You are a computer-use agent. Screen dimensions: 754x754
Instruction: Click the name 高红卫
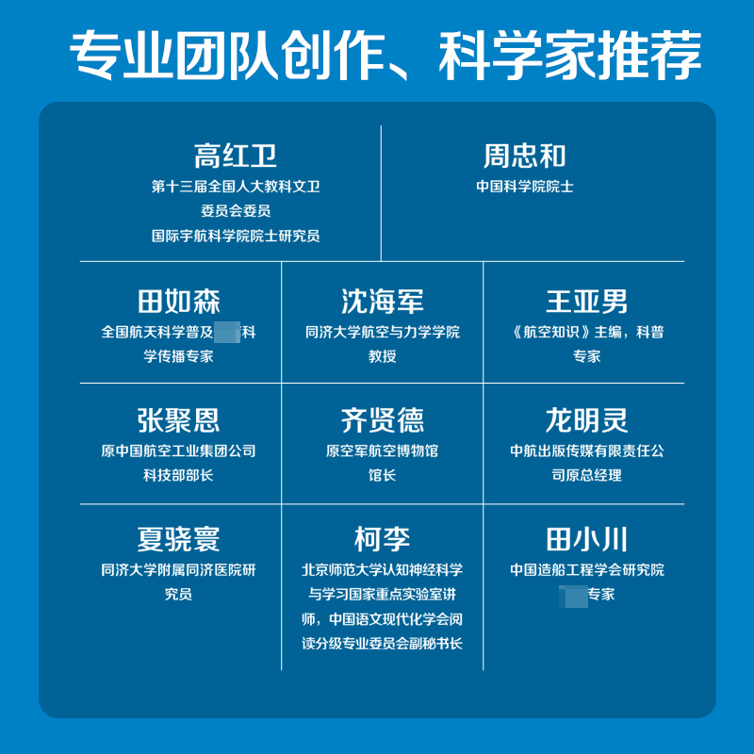click(x=236, y=155)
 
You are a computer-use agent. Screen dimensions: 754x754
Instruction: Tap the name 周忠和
click(x=525, y=155)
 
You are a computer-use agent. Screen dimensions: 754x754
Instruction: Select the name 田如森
click(x=179, y=302)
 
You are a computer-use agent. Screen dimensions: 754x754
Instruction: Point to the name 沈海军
click(x=383, y=302)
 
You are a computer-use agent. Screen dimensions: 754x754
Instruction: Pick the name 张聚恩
click(x=179, y=420)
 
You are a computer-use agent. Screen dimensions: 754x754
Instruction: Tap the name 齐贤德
click(x=383, y=420)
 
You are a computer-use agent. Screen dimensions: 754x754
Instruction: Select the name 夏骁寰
click(x=179, y=540)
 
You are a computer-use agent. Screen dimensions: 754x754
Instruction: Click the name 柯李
click(x=383, y=540)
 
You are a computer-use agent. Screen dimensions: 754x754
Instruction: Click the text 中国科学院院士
click(x=525, y=187)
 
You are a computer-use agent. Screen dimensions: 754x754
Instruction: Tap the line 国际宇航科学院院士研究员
click(x=236, y=236)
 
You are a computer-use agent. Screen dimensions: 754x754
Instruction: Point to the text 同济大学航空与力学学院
click(x=383, y=332)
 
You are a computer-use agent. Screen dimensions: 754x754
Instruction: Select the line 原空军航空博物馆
click(x=383, y=451)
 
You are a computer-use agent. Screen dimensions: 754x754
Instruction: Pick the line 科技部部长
click(x=179, y=475)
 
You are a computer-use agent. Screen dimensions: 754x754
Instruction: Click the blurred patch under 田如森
click(x=227, y=332)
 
